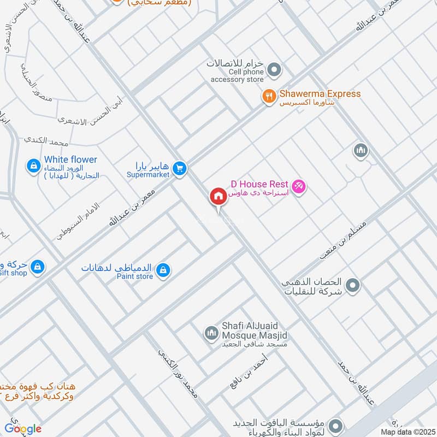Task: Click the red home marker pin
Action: (x=218, y=197)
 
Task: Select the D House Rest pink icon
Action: (x=298, y=187)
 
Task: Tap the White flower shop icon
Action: (x=34, y=165)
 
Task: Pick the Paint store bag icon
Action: (x=163, y=270)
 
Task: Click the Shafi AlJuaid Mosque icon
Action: (x=211, y=332)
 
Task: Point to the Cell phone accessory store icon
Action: (x=275, y=70)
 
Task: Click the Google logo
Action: (x=23, y=429)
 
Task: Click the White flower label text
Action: (x=72, y=160)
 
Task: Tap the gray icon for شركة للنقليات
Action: (x=353, y=285)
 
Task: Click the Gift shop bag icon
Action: (x=37, y=267)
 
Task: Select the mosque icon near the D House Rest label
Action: (x=360, y=150)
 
